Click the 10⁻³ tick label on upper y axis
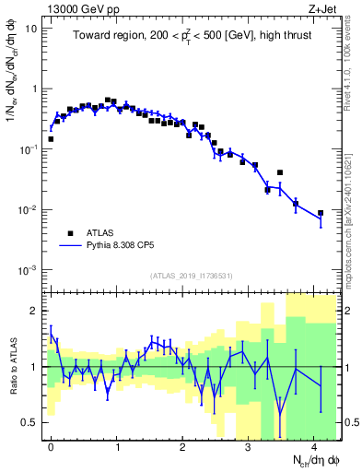tap(29, 269)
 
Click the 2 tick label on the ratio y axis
tap(34, 311)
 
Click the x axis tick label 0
tap(51, 445)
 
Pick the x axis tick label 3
tap(248, 445)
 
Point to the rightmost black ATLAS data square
tap(321, 213)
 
